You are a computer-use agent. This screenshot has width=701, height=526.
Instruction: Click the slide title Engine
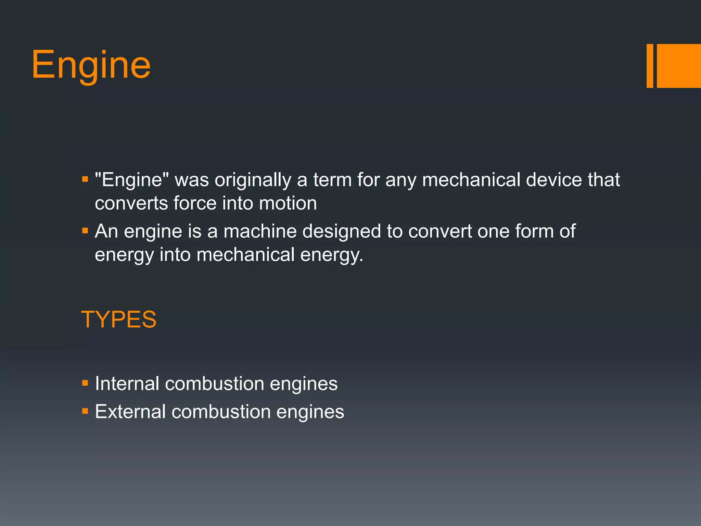coord(91,65)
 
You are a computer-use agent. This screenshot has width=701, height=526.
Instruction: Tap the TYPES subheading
coord(118,320)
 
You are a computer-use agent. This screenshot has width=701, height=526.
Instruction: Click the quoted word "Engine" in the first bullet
coord(132,180)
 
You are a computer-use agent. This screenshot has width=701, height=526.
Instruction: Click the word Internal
coord(127,384)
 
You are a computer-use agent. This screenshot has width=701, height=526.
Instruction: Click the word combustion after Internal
coord(215,384)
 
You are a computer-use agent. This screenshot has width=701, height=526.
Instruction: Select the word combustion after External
coord(221,412)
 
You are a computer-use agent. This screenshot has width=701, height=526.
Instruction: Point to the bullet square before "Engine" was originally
coord(85,179)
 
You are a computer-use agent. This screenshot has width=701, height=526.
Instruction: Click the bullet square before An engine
coord(85,230)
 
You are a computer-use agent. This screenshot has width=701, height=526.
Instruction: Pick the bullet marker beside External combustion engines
coord(85,411)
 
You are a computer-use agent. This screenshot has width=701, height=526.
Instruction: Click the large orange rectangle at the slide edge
coord(679,66)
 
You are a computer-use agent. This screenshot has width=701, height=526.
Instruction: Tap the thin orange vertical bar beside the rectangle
coord(650,66)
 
